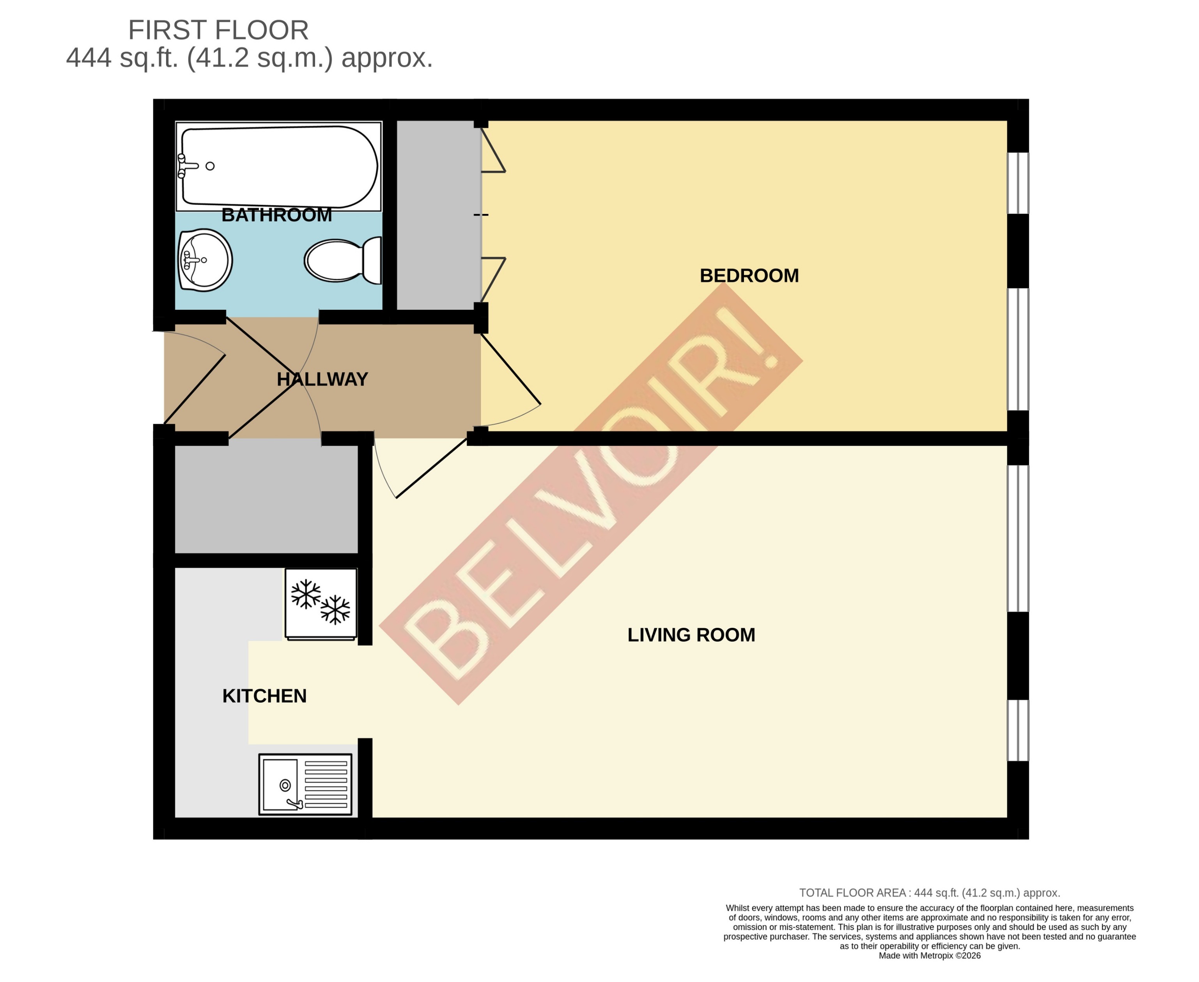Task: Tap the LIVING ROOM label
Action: click(691, 635)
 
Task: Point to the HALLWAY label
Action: click(322, 379)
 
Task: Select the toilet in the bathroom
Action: click(342, 260)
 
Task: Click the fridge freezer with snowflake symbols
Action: click(321, 604)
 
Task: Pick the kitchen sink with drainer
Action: click(305, 784)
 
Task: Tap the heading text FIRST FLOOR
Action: click(218, 30)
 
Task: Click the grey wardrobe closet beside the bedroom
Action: click(437, 215)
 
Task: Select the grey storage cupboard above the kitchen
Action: click(266, 499)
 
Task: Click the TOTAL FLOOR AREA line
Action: click(929, 893)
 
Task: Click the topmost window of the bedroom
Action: click(1018, 183)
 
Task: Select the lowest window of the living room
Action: click(1018, 730)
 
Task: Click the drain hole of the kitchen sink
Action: click(285, 785)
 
